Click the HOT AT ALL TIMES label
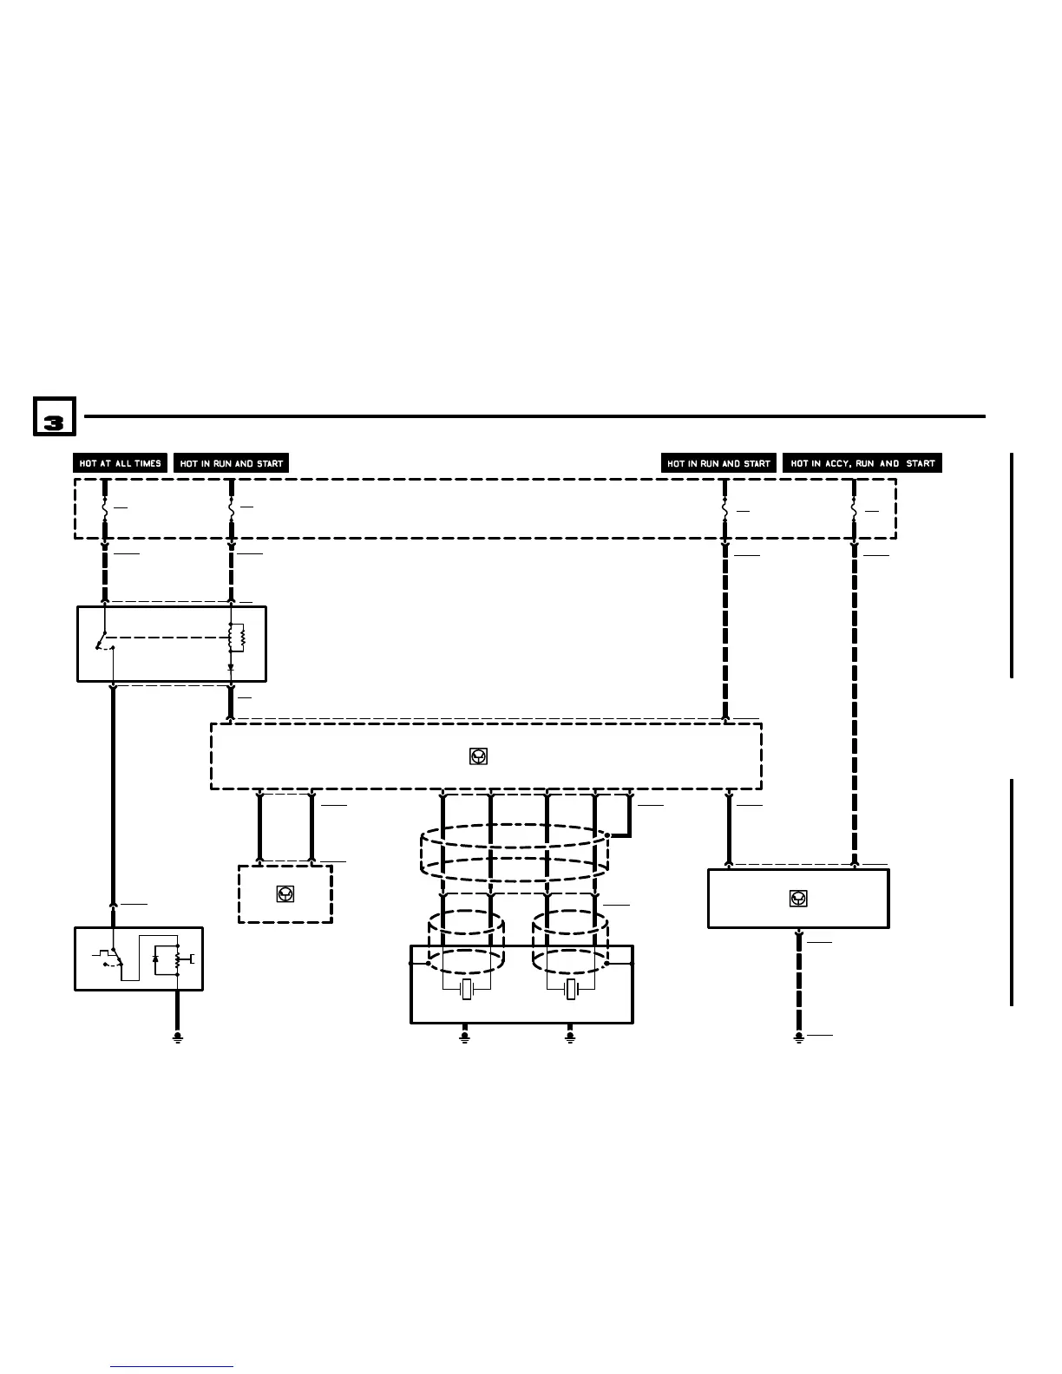click(120, 463)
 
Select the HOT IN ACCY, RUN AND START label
click(862, 463)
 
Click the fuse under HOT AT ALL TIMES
click(105, 507)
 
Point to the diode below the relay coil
click(231, 667)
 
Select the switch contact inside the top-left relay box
click(104, 642)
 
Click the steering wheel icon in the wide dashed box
click(477, 756)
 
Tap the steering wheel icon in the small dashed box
click(285, 893)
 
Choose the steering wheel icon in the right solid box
click(798, 899)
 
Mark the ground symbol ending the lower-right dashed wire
click(799, 1037)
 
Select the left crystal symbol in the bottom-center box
click(467, 990)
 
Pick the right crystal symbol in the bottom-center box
click(571, 990)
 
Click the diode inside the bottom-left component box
click(156, 959)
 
